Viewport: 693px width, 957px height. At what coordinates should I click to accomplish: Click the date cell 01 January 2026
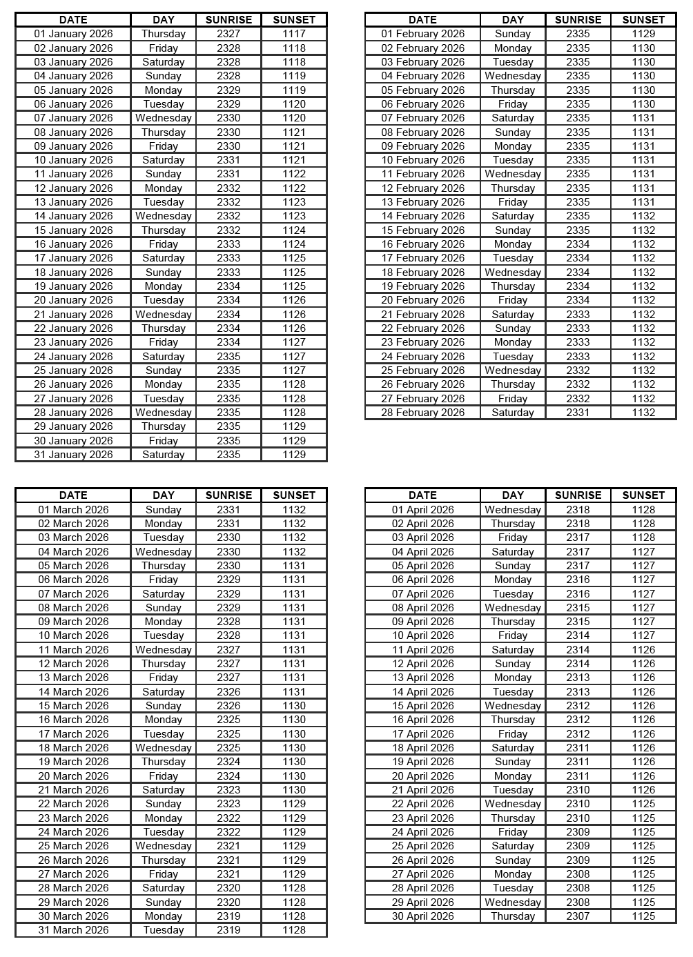[x=73, y=34]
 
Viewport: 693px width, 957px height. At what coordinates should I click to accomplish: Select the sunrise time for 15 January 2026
[x=228, y=230]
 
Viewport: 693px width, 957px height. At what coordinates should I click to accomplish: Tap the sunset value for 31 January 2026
[x=294, y=455]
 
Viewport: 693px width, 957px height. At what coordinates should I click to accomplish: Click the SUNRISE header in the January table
[x=228, y=20]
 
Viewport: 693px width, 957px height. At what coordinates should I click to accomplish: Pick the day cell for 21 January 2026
[x=164, y=315]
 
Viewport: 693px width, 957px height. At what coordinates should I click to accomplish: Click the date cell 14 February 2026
[x=422, y=216]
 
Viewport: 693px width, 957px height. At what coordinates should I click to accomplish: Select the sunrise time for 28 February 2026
[x=578, y=413]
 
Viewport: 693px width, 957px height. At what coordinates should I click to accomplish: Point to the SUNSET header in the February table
[x=643, y=20]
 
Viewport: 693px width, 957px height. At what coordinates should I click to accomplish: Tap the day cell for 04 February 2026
[x=513, y=76]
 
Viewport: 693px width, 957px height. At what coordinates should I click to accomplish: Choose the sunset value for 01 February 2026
[x=643, y=34]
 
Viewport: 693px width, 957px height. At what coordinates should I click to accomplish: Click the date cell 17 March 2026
[x=73, y=734]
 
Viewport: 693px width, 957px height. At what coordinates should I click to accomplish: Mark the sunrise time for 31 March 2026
[x=228, y=930]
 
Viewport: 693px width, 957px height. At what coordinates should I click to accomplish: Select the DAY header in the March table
[x=164, y=495]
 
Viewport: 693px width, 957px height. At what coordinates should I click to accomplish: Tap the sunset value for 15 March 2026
[x=294, y=706]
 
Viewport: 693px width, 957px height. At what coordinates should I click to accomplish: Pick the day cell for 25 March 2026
[x=164, y=846]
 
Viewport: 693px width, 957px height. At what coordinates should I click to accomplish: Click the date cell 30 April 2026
[x=422, y=916]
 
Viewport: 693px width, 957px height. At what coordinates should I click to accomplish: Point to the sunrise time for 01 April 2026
[x=578, y=510]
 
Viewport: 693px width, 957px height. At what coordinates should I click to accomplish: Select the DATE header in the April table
[x=422, y=495]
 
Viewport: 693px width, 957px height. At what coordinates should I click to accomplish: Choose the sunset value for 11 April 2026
[x=643, y=650]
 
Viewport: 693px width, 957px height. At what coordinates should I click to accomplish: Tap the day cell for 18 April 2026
[x=513, y=748]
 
